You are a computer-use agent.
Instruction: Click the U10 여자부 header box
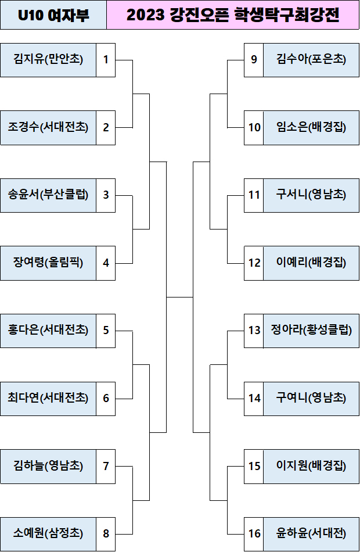click(x=53, y=15)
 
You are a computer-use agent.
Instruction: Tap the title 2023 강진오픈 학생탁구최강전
click(x=233, y=15)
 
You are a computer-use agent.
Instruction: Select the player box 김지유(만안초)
click(x=48, y=59)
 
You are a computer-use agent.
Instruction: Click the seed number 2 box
click(x=106, y=127)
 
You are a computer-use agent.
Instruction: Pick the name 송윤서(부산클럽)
click(x=48, y=195)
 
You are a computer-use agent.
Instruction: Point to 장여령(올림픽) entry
click(x=48, y=263)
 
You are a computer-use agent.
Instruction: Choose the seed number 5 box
click(x=106, y=330)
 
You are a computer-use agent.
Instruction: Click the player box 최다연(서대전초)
click(x=48, y=398)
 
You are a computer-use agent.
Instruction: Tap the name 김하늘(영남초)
click(x=48, y=466)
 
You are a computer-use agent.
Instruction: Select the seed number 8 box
click(x=106, y=533)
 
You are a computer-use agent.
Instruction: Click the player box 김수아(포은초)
click(x=311, y=59)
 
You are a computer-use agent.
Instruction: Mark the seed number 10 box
click(x=254, y=127)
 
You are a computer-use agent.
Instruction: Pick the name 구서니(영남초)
click(x=311, y=195)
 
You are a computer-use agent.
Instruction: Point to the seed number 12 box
click(x=254, y=263)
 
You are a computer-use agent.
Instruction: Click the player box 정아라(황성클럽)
click(x=311, y=330)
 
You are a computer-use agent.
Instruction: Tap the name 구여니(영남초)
click(x=311, y=398)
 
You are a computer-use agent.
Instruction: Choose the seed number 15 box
click(x=254, y=466)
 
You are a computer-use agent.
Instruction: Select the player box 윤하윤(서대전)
click(x=311, y=533)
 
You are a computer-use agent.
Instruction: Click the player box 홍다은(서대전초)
click(x=48, y=330)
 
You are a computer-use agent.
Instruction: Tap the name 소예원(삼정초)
click(x=48, y=533)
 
